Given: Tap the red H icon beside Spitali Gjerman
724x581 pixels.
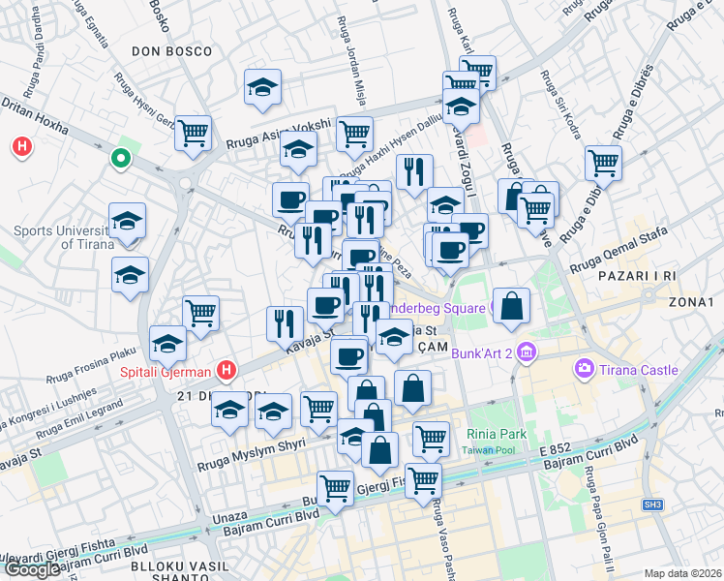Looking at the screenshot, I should [x=226, y=369].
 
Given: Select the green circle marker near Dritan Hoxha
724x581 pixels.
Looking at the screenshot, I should [x=121, y=158].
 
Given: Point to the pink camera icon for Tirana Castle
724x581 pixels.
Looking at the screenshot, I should [x=584, y=368].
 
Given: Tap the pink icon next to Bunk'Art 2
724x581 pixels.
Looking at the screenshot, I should [x=526, y=352].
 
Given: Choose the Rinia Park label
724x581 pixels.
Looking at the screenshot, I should [x=495, y=434].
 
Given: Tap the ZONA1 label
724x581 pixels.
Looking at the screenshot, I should [x=690, y=303].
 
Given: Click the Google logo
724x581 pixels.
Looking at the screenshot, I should [x=31, y=569].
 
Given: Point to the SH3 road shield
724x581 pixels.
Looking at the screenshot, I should [x=655, y=504].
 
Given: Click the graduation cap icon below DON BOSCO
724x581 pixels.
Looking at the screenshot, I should [x=261, y=87].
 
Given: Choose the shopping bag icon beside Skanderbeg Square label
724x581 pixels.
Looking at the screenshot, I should [x=512, y=306].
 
